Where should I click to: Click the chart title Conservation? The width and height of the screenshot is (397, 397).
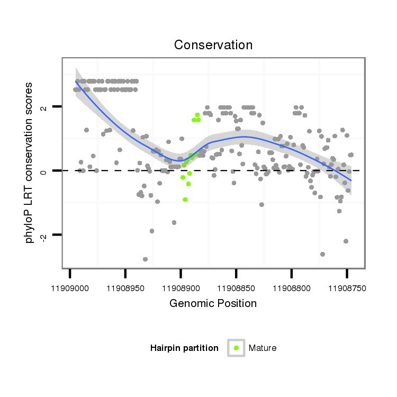(213, 45)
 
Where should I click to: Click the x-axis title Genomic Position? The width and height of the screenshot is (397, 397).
(213, 303)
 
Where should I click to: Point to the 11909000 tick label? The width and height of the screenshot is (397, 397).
(70, 288)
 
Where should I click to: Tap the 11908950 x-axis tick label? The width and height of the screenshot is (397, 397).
(125, 288)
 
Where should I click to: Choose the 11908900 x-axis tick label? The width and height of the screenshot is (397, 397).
(181, 288)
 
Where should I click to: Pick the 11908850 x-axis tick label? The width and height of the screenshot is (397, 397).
(236, 288)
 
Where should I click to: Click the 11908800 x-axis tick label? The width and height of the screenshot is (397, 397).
(291, 288)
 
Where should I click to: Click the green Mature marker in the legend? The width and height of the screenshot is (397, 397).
(236, 348)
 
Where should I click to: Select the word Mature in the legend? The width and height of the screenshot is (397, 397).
(263, 348)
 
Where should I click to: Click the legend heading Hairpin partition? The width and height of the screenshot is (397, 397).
(184, 348)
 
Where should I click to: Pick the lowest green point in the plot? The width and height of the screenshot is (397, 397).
(185, 200)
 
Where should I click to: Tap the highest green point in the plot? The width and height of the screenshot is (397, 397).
(197, 115)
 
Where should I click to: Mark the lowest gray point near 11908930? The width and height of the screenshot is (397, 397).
(145, 259)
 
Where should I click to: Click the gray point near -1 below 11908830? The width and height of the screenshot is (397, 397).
(261, 204)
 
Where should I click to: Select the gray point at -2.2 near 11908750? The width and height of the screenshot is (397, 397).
(346, 241)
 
